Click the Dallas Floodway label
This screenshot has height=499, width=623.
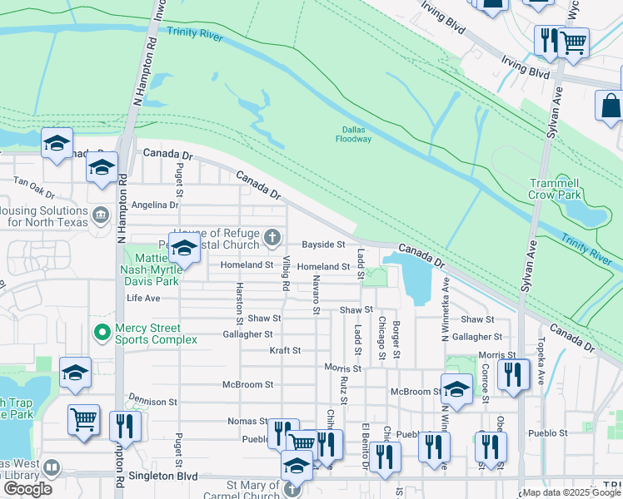point(356,134)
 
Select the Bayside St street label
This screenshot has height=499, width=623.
point(323,245)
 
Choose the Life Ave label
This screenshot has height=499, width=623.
point(143,298)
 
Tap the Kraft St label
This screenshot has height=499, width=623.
point(285,350)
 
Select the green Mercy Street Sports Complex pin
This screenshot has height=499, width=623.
point(102,333)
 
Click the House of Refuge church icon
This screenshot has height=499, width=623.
point(272,240)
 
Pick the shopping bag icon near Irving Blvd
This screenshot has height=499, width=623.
point(611,106)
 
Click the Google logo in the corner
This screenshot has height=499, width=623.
point(27,489)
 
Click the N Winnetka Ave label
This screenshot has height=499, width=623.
point(445,315)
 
